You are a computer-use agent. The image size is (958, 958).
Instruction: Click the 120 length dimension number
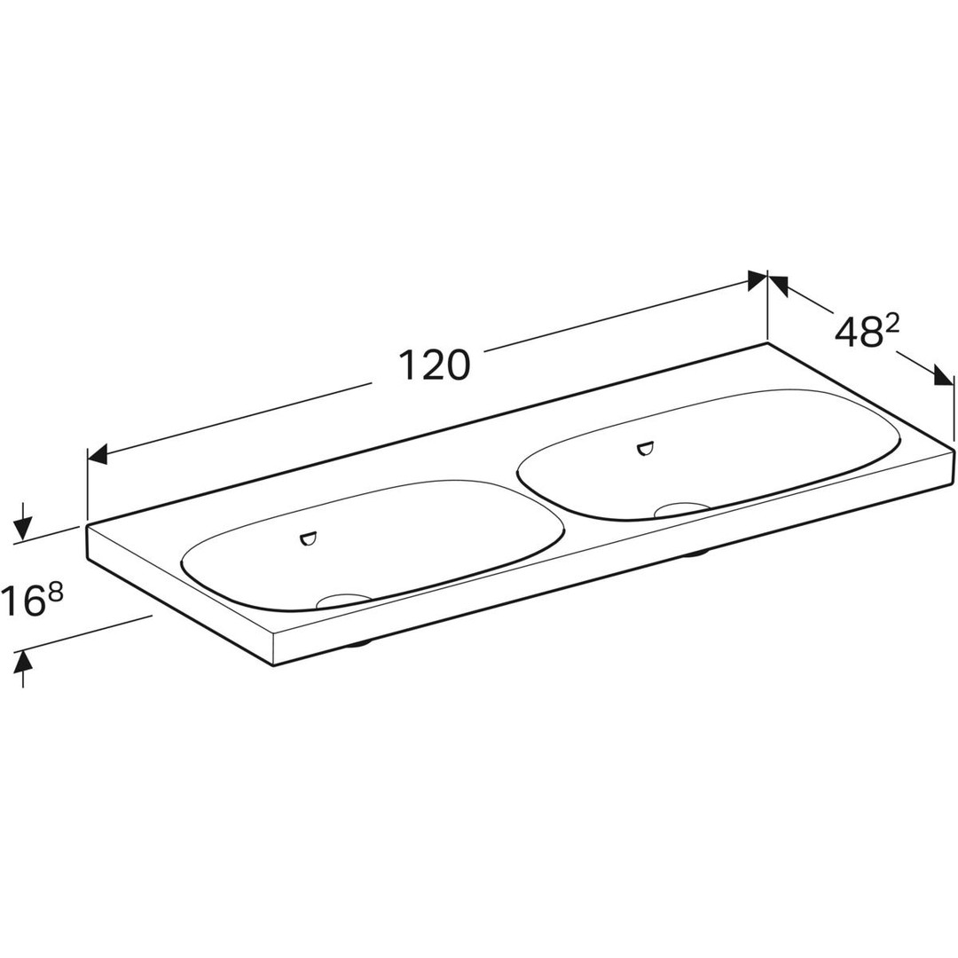434,365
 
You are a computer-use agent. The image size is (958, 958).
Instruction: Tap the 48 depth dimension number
855,334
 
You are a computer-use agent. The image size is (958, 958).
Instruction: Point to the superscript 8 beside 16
56,592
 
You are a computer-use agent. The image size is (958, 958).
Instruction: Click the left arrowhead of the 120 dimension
98,455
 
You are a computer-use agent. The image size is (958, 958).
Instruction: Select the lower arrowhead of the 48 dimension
943,376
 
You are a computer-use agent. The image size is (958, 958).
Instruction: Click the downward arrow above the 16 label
22,522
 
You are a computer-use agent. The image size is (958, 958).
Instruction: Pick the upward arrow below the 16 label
22,669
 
